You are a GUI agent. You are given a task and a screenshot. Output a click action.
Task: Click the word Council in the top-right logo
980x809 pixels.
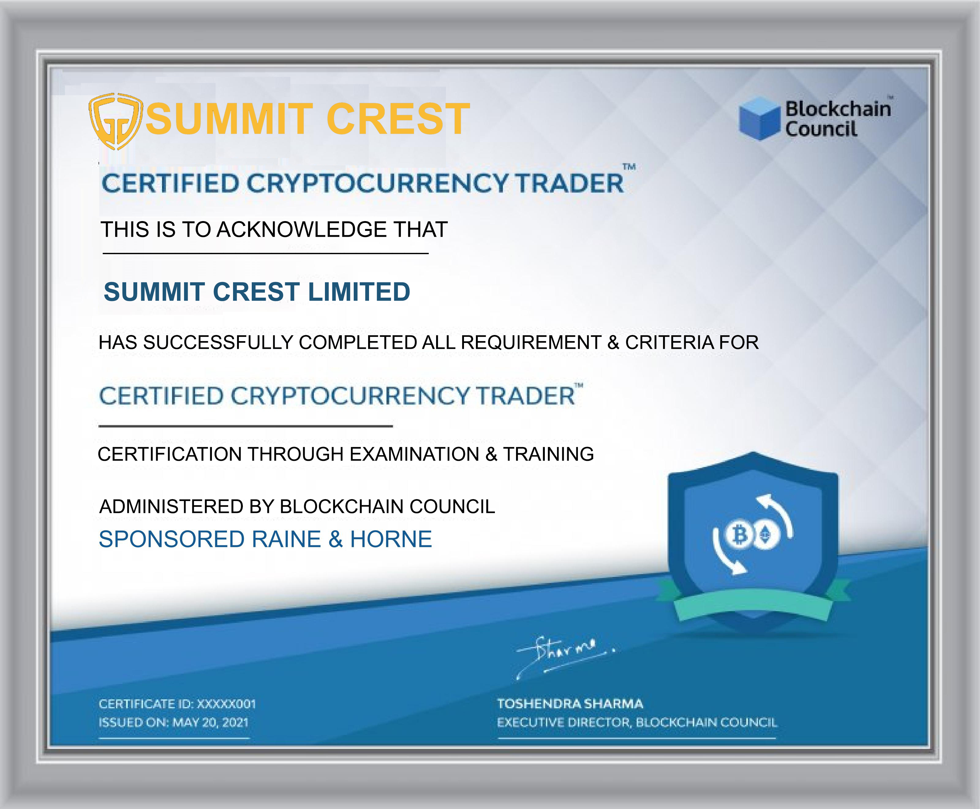click(x=821, y=129)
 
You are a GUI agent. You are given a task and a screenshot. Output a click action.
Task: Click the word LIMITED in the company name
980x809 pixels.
click(x=359, y=292)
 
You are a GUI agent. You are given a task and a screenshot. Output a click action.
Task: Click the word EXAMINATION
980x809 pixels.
click(x=414, y=454)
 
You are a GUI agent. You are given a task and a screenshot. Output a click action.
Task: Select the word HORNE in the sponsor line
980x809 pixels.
click(x=391, y=539)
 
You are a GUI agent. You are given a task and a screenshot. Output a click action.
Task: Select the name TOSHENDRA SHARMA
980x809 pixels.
click(x=570, y=704)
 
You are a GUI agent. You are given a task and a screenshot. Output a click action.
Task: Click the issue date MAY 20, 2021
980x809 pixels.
click(x=210, y=723)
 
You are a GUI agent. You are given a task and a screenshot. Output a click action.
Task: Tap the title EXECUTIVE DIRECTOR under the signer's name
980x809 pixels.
click(x=564, y=723)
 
